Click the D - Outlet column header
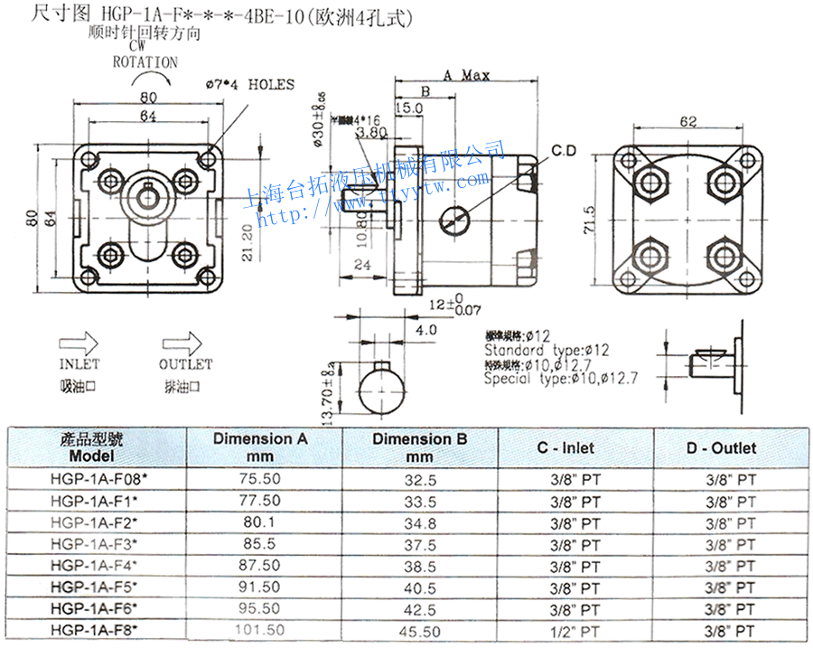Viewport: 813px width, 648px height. point(721,446)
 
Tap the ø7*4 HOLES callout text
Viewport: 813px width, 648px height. point(250,85)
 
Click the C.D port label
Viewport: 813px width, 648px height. point(565,150)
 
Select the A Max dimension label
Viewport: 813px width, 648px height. point(466,75)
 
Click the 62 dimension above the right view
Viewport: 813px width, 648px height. point(689,121)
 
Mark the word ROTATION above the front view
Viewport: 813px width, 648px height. point(145,62)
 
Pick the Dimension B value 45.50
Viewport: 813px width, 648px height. point(420,631)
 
